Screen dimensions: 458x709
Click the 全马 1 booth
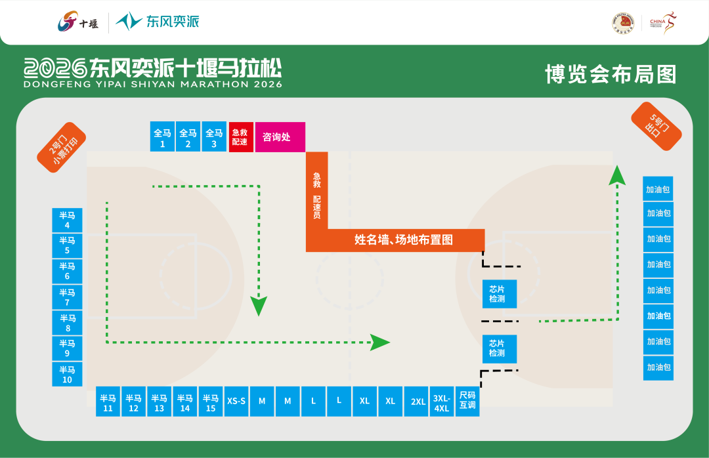(x=162, y=137)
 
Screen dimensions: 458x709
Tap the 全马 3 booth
(x=214, y=137)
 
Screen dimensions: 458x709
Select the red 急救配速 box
(x=240, y=137)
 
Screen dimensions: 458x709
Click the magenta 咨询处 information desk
(x=280, y=137)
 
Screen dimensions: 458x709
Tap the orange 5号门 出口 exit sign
(x=656, y=125)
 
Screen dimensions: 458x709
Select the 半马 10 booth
(x=68, y=374)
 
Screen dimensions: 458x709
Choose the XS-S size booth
(x=236, y=401)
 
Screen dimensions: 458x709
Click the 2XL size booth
(x=418, y=402)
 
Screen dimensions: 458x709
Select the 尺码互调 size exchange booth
(x=467, y=400)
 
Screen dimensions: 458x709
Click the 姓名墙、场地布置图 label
(x=404, y=240)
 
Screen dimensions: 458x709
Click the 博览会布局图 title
(x=611, y=74)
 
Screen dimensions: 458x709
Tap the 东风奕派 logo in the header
(x=158, y=22)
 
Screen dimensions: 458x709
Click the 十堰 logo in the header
(x=77, y=22)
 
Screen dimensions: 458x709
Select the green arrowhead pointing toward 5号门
(x=616, y=174)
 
